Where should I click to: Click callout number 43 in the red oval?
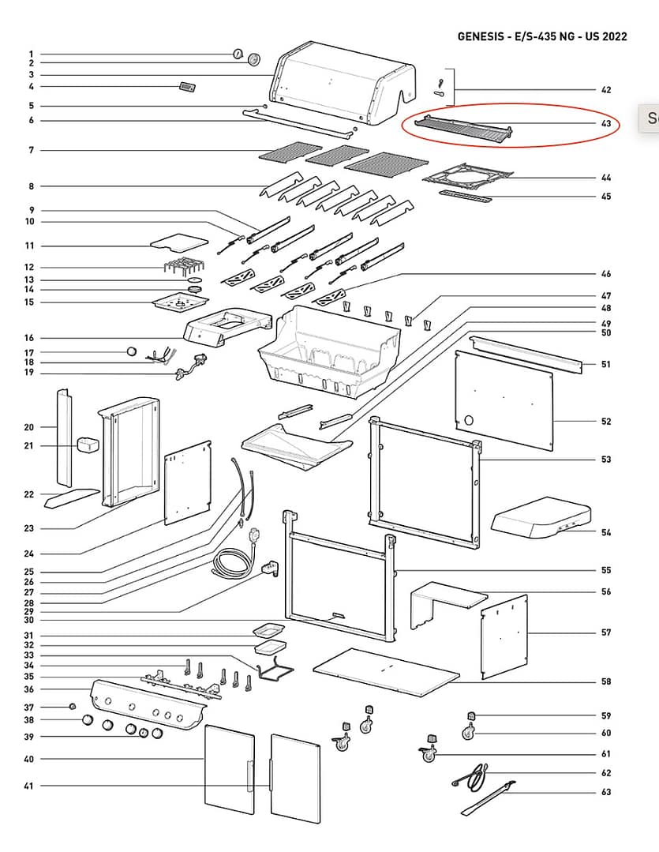605,124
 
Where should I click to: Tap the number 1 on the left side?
32,54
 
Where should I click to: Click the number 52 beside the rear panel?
605,422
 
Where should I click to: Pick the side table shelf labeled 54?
541,517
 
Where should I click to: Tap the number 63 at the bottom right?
605,792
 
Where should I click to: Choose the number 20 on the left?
29,427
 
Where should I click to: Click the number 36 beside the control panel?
29,689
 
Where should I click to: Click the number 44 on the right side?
605,178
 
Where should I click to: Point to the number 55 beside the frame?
605,570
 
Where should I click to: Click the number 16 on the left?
29,338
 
